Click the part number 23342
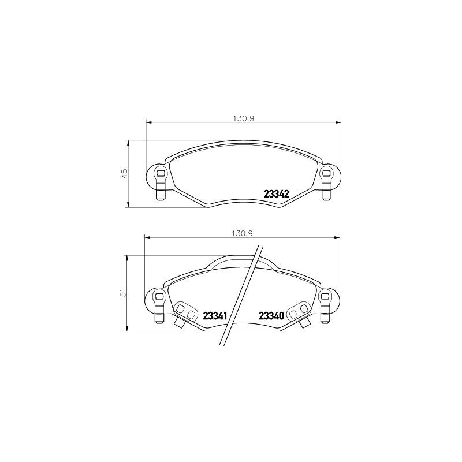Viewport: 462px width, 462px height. point(277,194)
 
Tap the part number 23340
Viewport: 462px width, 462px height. point(271,316)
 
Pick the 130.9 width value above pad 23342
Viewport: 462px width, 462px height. point(244,118)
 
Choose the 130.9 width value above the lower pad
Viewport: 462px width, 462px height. point(243,233)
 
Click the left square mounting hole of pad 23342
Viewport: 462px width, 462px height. point(161,172)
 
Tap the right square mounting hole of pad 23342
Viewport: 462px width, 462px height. point(326,172)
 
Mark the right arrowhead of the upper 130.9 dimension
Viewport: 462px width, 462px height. point(338,122)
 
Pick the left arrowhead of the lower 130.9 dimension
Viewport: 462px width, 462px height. point(147,237)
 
